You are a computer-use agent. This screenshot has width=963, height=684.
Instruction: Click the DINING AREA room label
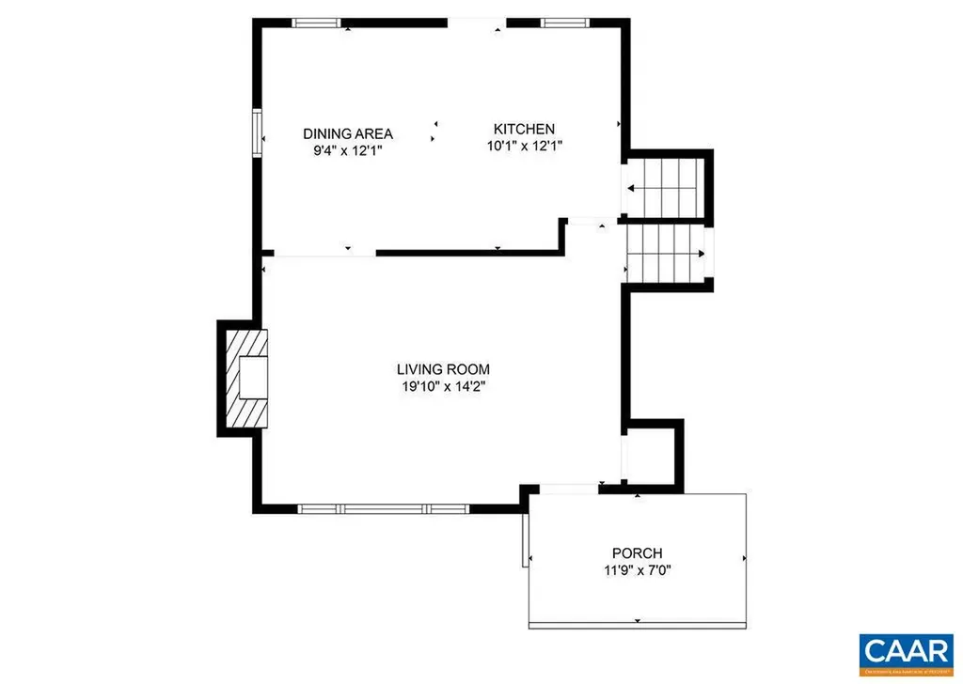pos(347,133)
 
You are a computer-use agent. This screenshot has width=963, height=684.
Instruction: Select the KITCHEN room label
pos(525,129)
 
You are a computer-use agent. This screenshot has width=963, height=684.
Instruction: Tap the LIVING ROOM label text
pos(442,369)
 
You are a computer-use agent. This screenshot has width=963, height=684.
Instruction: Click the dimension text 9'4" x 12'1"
pos(347,149)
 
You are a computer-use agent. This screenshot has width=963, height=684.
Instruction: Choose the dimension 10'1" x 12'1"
pos(525,145)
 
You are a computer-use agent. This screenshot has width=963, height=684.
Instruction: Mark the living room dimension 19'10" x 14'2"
pos(442,385)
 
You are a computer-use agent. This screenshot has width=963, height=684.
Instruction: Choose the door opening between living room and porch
pos(569,488)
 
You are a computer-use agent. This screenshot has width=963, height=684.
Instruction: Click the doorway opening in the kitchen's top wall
pos(477,23)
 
